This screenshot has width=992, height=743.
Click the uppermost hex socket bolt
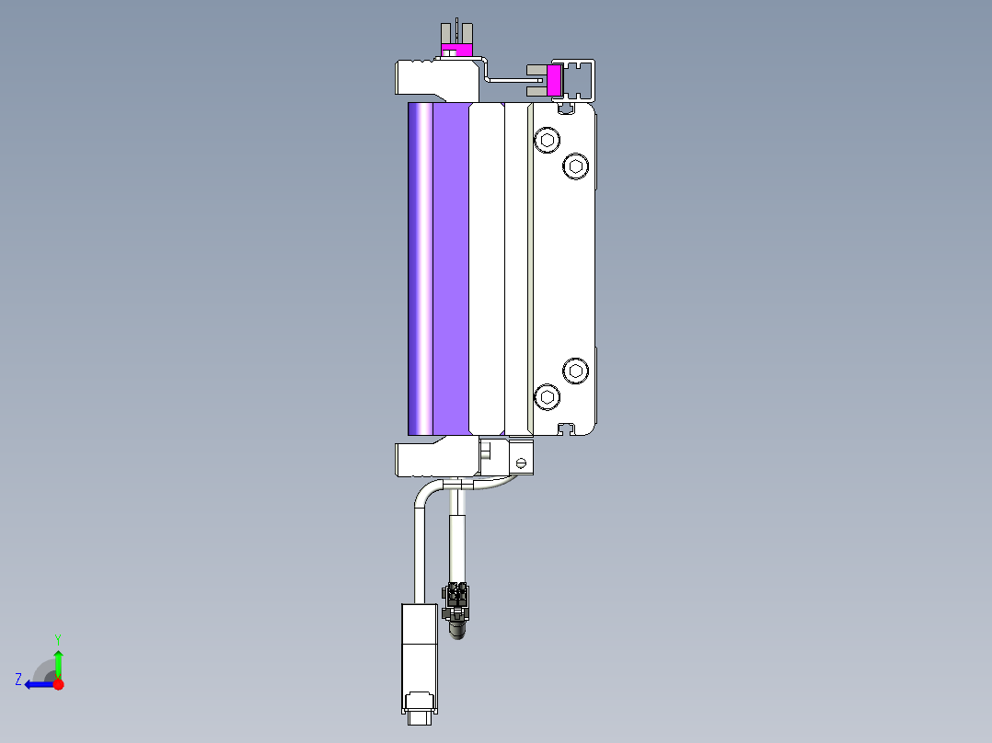[x=548, y=140]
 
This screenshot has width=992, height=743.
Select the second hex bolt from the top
[x=576, y=166]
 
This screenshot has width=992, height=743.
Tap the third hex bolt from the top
[x=576, y=371]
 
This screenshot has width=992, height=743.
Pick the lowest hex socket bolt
[x=548, y=397]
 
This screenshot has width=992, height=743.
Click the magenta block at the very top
[x=456, y=50]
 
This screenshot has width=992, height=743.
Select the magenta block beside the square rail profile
[x=554, y=80]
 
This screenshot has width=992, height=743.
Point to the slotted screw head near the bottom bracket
[x=521, y=463]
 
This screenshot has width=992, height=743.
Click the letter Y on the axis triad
[x=58, y=639]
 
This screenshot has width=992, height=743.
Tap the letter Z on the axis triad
[x=18, y=680]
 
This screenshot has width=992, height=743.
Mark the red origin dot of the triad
[x=58, y=684]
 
